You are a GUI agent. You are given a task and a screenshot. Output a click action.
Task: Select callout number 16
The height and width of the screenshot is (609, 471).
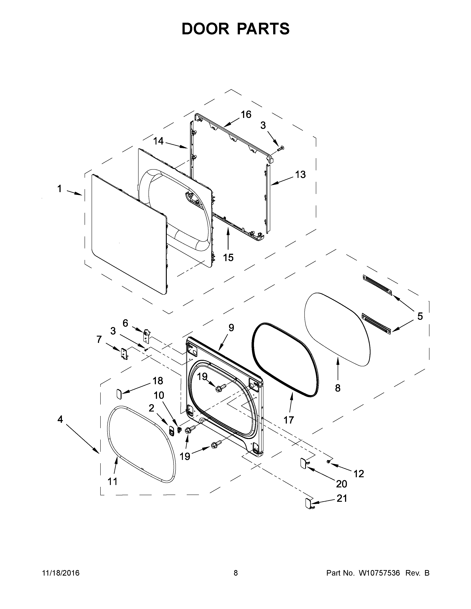246,114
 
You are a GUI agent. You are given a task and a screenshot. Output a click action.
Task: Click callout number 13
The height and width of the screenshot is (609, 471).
300,175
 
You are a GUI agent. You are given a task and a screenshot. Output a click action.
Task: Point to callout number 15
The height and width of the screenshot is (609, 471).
228,258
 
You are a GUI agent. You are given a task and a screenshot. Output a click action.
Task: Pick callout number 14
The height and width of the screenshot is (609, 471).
158,141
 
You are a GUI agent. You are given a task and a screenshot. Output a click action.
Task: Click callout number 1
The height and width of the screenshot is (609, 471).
59,189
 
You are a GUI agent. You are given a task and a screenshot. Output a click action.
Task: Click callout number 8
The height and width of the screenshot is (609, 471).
338,388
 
